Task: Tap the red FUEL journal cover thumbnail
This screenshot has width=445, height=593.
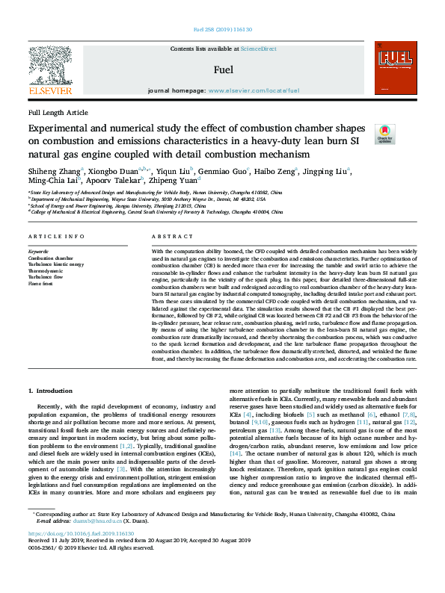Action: tap(394, 70)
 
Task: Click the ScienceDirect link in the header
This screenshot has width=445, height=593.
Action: tap(258, 49)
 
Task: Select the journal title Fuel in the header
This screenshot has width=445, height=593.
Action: tap(223, 70)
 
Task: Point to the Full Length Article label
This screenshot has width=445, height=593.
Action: tap(58, 112)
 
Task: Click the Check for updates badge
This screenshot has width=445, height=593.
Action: tap(384, 135)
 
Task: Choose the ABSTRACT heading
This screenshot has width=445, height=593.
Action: tap(167, 236)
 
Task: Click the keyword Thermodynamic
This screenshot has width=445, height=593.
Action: tap(46, 271)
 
